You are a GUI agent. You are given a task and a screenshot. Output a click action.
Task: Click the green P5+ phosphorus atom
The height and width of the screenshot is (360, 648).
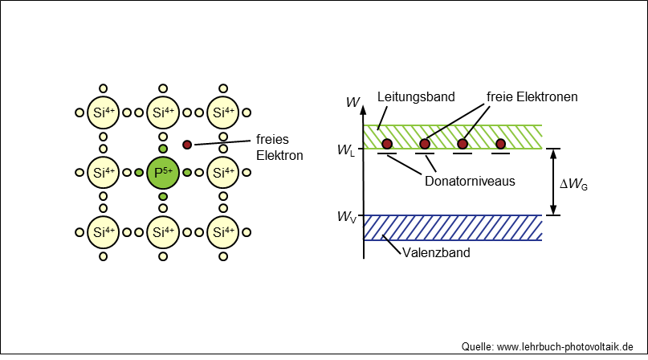click(163, 173)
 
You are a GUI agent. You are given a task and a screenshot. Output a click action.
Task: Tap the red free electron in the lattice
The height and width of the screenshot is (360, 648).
click(187, 145)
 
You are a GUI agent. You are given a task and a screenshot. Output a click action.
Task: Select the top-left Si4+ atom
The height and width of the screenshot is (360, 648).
click(103, 112)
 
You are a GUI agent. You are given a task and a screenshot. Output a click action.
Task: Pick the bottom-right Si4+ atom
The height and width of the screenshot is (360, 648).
click(222, 232)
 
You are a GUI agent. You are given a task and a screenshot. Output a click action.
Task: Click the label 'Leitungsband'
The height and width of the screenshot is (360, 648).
click(416, 96)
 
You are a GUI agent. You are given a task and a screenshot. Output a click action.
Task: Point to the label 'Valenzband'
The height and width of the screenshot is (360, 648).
click(436, 252)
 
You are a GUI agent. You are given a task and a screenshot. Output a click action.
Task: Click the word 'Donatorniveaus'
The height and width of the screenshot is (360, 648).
click(470, 182)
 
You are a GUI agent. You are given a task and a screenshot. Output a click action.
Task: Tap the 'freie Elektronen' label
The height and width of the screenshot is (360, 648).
click(532, 96)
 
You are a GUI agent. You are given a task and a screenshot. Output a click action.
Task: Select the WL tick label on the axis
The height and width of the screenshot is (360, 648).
click(346, 150)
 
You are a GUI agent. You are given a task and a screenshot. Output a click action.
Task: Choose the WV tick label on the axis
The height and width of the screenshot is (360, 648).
click(346, 217)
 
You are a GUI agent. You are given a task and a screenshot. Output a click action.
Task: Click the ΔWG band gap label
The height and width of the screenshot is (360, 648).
click(573, 184)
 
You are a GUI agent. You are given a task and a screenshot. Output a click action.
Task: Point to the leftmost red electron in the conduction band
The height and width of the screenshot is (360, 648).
click(387, 144)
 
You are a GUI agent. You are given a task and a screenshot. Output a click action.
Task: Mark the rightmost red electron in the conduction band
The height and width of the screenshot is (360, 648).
click(500, 144)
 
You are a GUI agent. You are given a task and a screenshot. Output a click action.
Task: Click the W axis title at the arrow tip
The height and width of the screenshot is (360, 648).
click(353, 102)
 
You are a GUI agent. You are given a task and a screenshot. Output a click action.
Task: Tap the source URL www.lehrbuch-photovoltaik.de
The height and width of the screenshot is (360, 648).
click(565, 347)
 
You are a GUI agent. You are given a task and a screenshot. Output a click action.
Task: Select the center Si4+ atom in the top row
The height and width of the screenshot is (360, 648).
click(163, 112)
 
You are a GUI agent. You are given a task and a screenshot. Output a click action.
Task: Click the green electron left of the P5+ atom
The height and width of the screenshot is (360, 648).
click(139, 173)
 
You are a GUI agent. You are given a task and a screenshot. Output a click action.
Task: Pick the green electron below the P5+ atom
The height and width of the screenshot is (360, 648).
click(163, 196)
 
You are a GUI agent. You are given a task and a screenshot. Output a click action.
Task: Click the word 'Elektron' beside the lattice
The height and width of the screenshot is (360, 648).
click(279, 156)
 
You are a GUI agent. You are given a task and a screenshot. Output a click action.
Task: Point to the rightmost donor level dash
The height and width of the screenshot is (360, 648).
click(500, 153)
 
